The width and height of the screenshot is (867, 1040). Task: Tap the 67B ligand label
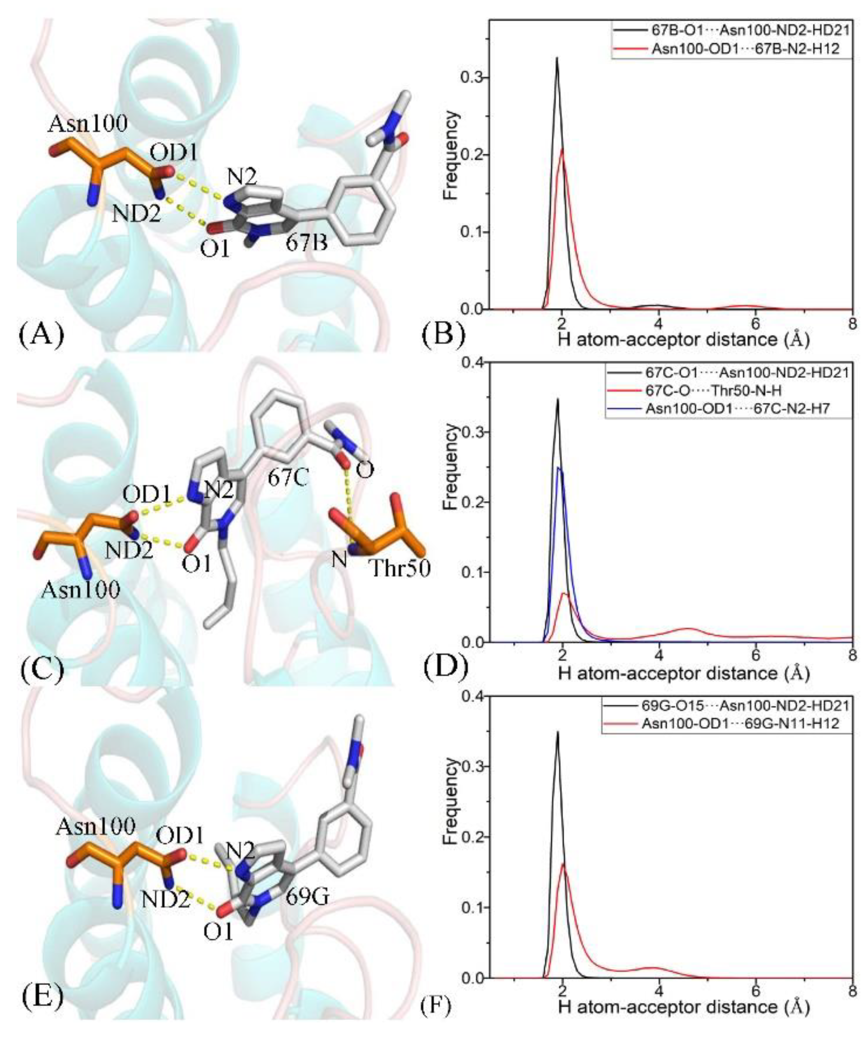pyautogui.click(x=306, y=242)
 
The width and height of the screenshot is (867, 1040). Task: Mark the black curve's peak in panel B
pyautogui.click(x=557, y=58)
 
